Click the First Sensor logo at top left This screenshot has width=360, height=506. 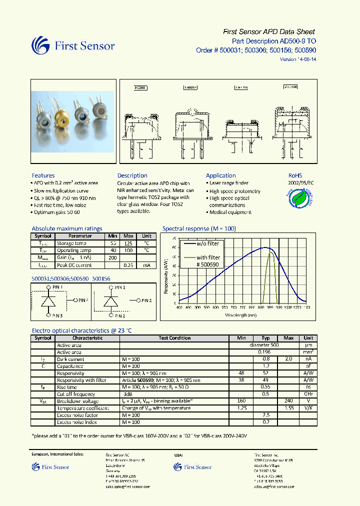pos(73,46)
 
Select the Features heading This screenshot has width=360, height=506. pos(43,175)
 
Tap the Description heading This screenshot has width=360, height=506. pos(132,175)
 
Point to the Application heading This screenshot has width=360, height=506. pos(220,175)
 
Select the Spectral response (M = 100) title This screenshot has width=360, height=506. pos(199,228)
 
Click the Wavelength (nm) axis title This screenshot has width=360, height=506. pos(241,315)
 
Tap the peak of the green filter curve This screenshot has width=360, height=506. pos(271,252)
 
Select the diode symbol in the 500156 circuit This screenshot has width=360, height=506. pos(110,302)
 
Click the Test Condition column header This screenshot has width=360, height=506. pos(174,338)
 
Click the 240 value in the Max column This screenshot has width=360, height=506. pos(288,401)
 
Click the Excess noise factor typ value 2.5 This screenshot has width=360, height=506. pos(266,415)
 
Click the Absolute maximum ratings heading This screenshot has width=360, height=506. pos(66,228)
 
